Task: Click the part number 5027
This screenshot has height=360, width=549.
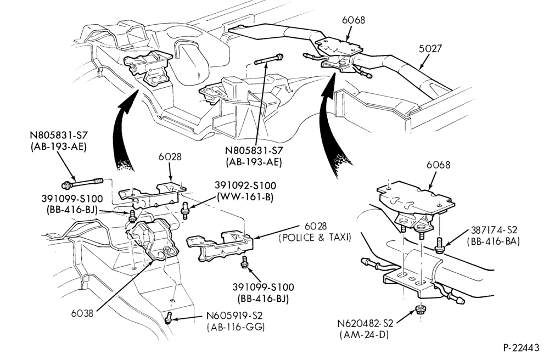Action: tap(430, 48)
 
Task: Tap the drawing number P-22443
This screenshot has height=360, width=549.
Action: tap(522, 348)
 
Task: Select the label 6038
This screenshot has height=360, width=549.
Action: tap(82, 313)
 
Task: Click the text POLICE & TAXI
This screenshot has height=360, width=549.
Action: tap(315, 238)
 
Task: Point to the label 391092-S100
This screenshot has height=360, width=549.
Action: tap(245, 185)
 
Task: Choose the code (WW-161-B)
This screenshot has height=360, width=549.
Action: tap(245, 197)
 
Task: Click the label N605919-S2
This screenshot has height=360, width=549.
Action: tap(234, 316)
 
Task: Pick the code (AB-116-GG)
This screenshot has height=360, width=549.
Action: tap(236, 327)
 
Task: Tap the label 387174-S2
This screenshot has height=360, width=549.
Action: tap(494, 230)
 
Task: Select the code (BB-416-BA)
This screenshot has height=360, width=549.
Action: tap(494, 241)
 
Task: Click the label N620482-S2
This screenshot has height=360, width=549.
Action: tap(366, 323)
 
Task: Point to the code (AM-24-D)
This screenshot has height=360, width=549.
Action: tap(364, 334)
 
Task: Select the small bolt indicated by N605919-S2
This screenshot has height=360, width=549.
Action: tap(169, 317)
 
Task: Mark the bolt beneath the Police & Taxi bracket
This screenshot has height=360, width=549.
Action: tap(244, 262)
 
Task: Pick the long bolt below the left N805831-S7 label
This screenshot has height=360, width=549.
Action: tap(82, 183)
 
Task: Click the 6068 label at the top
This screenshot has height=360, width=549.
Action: tap(354, 20)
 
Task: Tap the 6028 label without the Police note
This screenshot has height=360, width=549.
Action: tap(170, 156)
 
